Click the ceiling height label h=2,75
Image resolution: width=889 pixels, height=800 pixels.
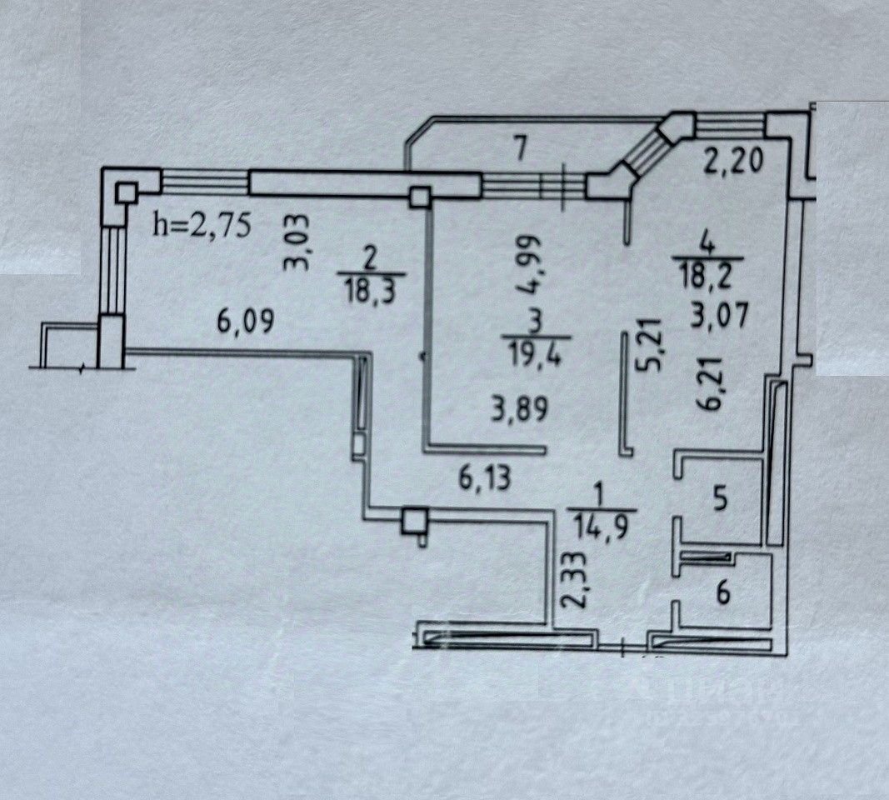pos(202,226)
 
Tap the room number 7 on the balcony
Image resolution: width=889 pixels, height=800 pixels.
pos(522,149)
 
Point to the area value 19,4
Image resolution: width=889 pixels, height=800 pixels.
pos(536,357)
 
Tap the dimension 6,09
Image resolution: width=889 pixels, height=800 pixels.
pos(246,322)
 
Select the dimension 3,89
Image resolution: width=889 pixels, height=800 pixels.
pos(519,409)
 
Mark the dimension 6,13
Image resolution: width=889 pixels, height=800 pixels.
pos(485,479)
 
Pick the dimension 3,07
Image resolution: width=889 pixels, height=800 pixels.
pos(721,316)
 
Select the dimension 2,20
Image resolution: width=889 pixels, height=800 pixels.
pos(734,162)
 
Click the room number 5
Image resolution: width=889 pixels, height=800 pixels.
pos(720,500)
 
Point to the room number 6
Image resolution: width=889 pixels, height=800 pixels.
pos(724,593)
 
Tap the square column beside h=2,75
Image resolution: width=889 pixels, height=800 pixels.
pos(127,193)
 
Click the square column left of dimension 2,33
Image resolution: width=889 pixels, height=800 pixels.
pos(414,521)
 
